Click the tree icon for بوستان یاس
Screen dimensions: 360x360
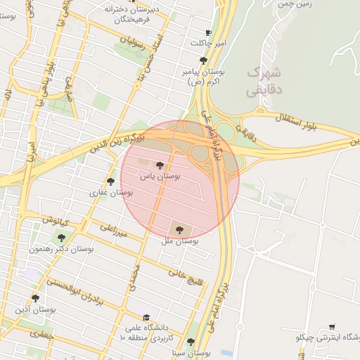(160, 165)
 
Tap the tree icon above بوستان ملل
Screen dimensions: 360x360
(179, 229)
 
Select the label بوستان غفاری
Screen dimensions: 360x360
(108, 192)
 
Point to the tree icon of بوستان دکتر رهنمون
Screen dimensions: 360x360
(61, 238)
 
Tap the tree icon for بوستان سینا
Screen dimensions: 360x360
(191, 342)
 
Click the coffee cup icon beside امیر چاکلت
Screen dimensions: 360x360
(207, 33)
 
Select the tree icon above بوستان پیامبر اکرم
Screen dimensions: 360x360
(203, 60)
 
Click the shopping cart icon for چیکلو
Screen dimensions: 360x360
(331, 327)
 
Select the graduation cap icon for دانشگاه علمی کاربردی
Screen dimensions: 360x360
(146, 318)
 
